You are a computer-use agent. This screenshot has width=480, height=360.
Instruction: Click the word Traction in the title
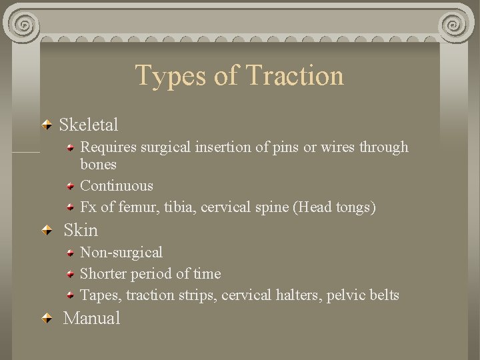tap(295, 75)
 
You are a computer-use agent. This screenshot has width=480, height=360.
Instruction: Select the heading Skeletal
tap(89, 125)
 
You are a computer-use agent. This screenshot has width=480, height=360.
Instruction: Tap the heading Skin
tap(81, 231)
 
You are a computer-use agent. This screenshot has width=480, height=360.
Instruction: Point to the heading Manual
tap(91, 318)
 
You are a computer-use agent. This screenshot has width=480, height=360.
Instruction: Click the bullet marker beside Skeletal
tap(47, 125)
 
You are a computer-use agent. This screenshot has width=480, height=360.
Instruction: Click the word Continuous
tap(116, 186)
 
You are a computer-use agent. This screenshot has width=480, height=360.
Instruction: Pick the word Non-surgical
tap(121, 253)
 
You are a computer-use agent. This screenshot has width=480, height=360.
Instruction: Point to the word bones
tap(98, 165)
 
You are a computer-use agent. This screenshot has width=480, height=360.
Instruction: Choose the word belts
tap(383, 295)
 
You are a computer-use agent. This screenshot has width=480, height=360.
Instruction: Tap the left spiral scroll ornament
tap(25, 24)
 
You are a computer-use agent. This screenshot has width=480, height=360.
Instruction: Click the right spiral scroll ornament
tap(455, 24)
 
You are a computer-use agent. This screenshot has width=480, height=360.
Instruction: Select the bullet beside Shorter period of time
tap(70, 274)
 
